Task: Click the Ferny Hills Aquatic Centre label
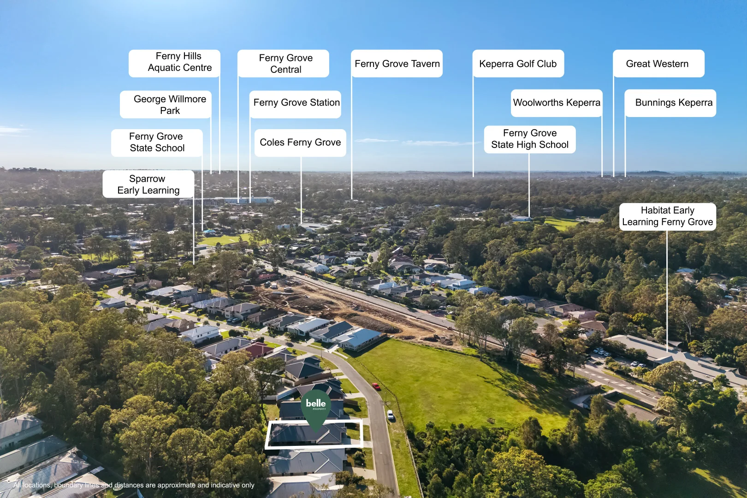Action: point(174,63)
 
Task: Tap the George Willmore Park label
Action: point(166,104)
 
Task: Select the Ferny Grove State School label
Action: point(157,142)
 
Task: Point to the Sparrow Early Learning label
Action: point(148,184)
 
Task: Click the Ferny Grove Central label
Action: point(283,63)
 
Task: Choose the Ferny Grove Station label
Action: point(295,104)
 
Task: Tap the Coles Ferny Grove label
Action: point(300,143)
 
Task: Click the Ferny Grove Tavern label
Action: point(397,63)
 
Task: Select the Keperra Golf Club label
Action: point(518,63)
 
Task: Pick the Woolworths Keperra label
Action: point(557,103)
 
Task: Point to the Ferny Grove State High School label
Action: point(530,139)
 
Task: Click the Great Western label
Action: point(658,63)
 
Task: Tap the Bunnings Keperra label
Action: point(670,103)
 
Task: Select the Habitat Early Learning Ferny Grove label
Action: point(668,217)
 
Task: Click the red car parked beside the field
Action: point(376,386)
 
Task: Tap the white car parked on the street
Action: point(390,415)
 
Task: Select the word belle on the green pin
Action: point(316,403)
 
